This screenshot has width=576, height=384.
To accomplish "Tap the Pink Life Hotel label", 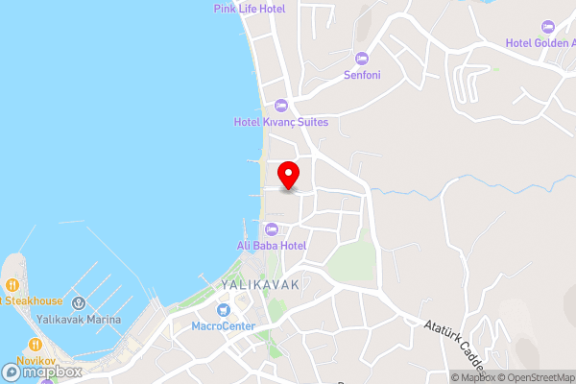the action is coord(249,9).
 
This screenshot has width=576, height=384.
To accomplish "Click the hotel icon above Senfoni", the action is coord(361,58).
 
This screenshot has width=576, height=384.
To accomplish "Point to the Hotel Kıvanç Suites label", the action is coord(281,122).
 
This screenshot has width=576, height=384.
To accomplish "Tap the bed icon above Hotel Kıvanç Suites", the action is coord(281,106).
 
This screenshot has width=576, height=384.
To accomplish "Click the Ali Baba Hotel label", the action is coord(272,246).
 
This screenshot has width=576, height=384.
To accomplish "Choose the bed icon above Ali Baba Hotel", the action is coord(272,229).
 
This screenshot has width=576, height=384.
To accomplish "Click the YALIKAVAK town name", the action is coord(260,286).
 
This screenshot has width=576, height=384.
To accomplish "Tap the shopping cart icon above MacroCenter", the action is coord(223,310).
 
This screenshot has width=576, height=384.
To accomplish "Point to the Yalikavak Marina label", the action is coord(79,320).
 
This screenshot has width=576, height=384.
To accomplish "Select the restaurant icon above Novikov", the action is coord(36,344).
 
